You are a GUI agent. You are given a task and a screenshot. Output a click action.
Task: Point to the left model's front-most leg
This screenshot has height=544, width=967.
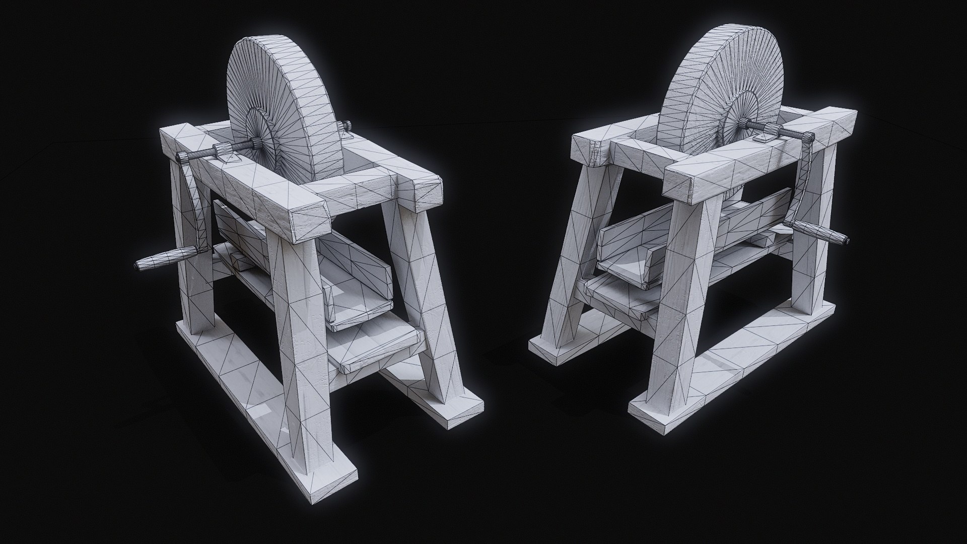pos(302,332)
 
